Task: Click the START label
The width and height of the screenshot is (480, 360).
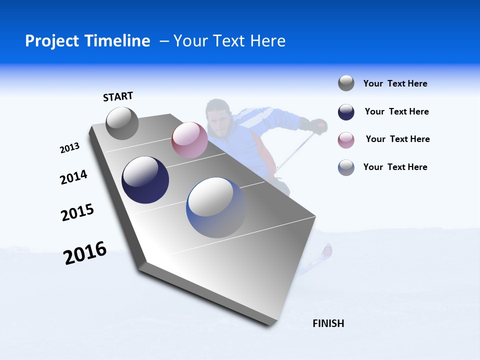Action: (x=118, y=96)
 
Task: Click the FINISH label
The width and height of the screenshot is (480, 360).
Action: (x=328, y=323)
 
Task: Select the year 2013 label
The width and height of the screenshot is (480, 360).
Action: (x=69, y=148)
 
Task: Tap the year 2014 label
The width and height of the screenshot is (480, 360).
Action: (x=73, y=177)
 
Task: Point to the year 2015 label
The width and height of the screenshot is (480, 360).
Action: (x=77, y=212)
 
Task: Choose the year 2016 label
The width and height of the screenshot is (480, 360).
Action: (x=85, y=253)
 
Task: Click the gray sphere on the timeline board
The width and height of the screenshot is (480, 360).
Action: (x=122, y=123)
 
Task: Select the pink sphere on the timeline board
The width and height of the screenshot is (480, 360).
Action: (x=189, y=140)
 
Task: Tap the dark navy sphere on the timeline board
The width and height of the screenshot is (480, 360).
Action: (x=145, y=180)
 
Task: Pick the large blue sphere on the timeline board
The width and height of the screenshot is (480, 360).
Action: (x=216, y=207)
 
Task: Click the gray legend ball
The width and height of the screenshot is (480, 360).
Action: (x=346, y=83)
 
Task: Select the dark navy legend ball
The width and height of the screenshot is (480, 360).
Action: (x=346, y=112)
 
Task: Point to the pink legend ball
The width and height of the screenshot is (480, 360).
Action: (x=346, y=140)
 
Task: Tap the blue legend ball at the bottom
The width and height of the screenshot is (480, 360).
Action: (x=346, y=167)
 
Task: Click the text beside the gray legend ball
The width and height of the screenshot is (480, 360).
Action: (x=395, y=83)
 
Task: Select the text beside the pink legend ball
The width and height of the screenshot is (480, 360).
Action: (x=397, y=139)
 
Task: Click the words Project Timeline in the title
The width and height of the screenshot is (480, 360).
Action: (x=87, y=41)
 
